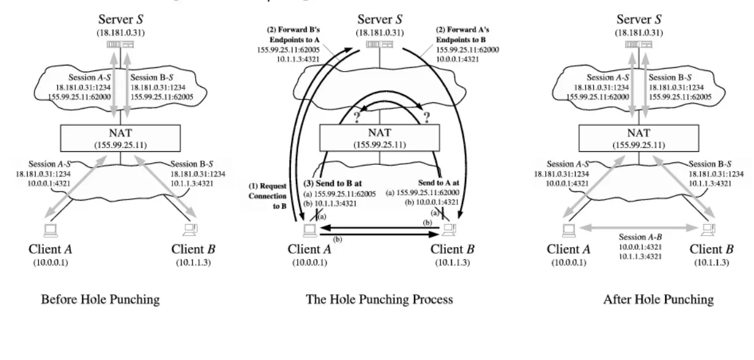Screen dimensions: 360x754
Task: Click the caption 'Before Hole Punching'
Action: click(x=100, y=299)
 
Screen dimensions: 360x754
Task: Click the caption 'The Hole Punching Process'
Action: click(x=379, y=299)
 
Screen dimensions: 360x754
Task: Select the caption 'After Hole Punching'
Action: click(x=658, y=299)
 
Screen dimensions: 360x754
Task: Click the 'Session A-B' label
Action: click(x=640, y=237)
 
